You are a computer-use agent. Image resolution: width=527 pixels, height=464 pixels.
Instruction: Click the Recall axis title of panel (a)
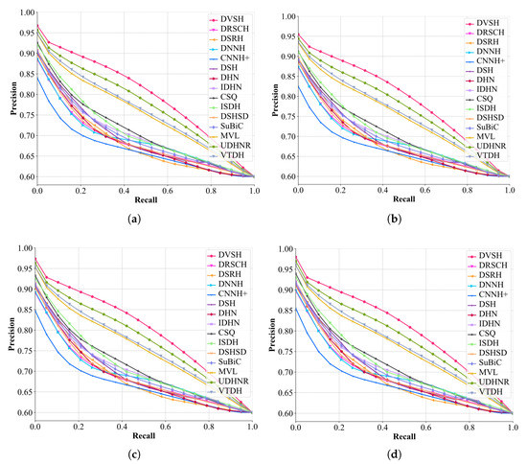[146, 199]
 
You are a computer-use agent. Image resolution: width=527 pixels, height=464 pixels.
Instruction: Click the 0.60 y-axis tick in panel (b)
[282, 177]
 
